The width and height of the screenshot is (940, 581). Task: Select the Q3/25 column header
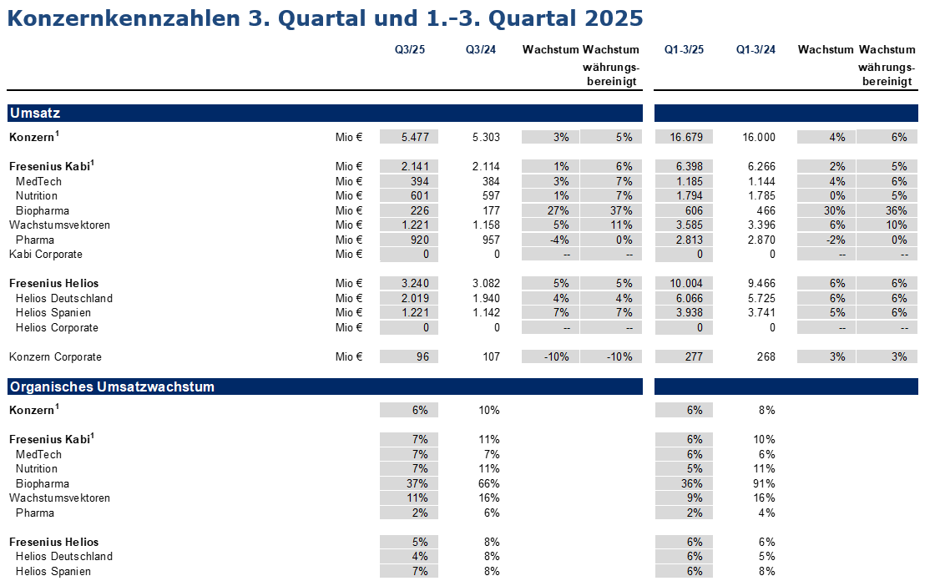pos(410,50)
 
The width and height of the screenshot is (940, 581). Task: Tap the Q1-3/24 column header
pos(756,50)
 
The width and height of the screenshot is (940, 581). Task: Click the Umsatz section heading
pos(35,113)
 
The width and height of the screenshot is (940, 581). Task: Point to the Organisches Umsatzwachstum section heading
pos(112,386)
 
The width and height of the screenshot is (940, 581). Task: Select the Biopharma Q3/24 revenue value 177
pos(490,210)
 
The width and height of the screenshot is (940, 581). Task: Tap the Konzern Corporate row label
pos(55,357)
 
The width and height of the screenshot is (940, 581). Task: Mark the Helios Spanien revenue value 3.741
pos(759,313)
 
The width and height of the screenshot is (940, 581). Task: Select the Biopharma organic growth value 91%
pos(764,483)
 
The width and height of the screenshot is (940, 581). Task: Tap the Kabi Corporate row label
pos(46,255)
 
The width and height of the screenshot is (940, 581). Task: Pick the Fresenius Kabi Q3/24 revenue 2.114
pos(485,166)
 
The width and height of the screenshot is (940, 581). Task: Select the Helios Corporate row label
pos(57,328)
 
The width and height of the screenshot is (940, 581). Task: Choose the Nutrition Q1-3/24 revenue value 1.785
pos(759,195)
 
